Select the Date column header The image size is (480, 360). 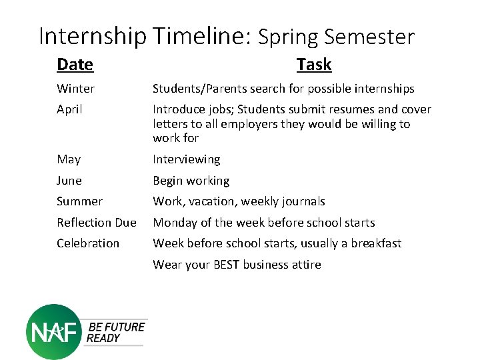pyautogui.click(x=75, y=65)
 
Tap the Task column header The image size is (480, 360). pyautogui.click(x=313, y=65)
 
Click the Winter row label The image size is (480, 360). pyautogui.click(x=75, y=89)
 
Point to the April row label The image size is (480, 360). pyautogui.click(x=69, y=109)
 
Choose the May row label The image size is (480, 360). pyautogui.click(x=69, y=159)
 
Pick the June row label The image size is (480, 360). pyautogui.click(x=69, y=181)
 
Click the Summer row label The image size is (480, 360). pyautogui.click(x=79, y=201)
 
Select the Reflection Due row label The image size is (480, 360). pyautogui.click(x=96, y=223)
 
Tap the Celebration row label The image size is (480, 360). pyautogui.click(x=88, y=243)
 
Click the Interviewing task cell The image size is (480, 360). pyautogui.click(x=186, y=159)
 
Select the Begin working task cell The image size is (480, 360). pyautogui.click(x=191, y=181)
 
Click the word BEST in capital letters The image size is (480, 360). pyautogui.click(x=227, y=265)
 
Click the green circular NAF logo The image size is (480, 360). pyautogui.click(x=53, y=331)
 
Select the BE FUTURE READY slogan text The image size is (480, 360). pyautogui.click(x=115, y=332)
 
